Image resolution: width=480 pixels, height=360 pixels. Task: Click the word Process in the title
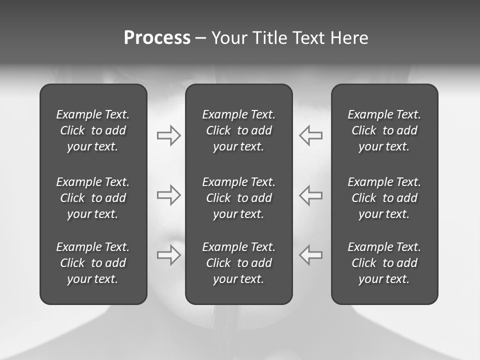(157, 38)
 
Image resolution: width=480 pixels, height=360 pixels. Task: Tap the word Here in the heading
(349, 38)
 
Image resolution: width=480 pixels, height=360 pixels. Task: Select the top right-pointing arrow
(169, 135)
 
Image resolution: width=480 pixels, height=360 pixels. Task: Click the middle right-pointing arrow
(169, 195)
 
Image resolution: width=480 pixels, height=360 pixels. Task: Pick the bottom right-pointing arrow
(169, 255)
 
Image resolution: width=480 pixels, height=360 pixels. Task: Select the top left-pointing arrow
(310, 135)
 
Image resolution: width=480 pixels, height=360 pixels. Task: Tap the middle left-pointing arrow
(310, 195)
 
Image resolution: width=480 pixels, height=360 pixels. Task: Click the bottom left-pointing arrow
(310, 255)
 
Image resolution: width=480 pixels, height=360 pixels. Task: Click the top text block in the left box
(93, 130)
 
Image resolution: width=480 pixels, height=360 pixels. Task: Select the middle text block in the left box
(93, 198)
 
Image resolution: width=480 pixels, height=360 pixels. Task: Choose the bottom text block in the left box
(93, 263)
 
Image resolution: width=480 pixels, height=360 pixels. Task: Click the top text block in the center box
(238, 130)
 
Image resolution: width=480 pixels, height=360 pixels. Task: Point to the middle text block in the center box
(238, 198)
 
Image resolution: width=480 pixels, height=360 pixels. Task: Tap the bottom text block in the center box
(238, 263)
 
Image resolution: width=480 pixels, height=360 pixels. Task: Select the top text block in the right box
(384, 130)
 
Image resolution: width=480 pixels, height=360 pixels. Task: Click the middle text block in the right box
(384, 198)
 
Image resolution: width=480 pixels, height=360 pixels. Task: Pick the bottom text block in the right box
(384, 263)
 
